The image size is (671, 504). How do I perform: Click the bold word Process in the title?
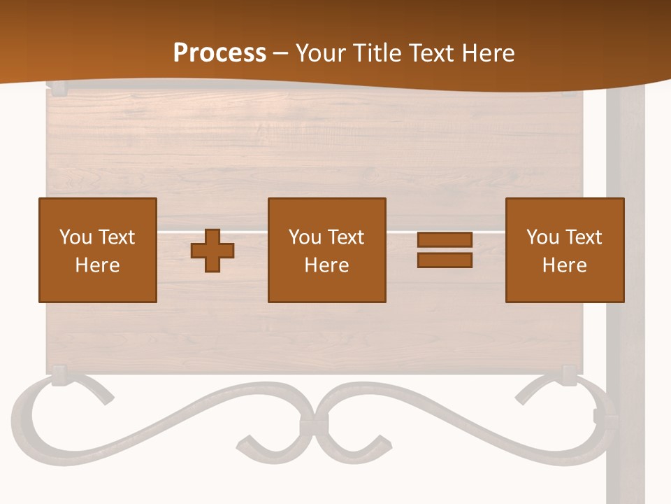pos(219,53)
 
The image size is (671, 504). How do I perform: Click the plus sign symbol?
pos(212,251)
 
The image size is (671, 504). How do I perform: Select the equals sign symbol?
pos(445,250)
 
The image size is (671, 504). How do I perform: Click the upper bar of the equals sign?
pos(445,240)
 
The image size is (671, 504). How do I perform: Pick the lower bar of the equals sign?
pos(445,260)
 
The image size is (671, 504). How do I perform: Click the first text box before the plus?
pos(98,250)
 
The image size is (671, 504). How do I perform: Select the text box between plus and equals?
pos(327,250)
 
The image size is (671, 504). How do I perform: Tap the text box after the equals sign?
pos(565,250)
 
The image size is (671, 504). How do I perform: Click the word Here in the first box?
pos(98,265)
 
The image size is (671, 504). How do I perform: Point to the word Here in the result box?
pos(565,265)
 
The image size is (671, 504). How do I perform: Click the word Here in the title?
pos(489,53)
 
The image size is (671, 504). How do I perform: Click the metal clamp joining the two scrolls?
pos(313,426)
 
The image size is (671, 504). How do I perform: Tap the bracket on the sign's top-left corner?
pos(56,88)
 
